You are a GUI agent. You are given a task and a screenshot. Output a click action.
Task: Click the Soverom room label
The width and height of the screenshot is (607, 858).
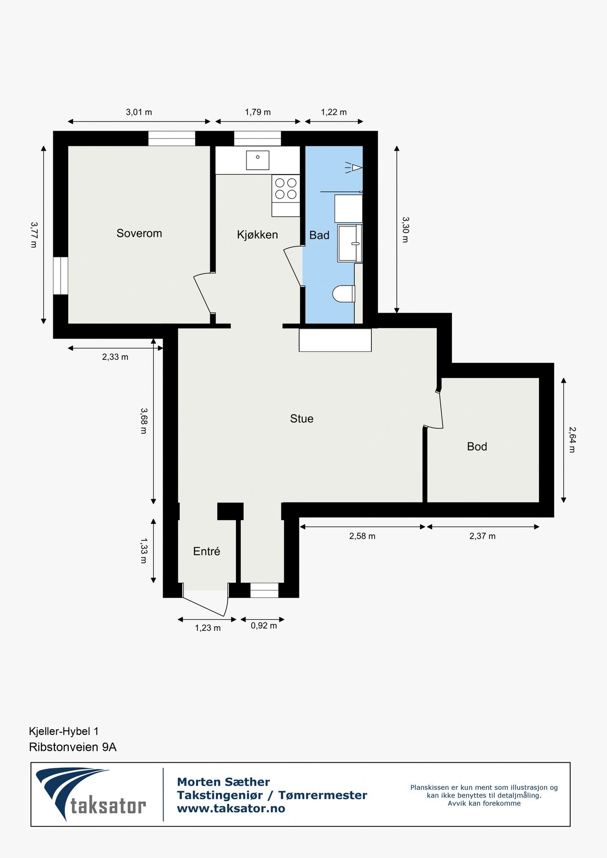click(139, 233)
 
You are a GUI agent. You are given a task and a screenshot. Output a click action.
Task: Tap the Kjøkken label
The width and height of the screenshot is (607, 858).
click(257, 235)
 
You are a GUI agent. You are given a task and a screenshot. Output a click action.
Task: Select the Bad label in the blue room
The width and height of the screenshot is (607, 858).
click(319, 235)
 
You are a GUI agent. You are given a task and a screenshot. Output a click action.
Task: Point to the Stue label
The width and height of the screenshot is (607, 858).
click(301, 419)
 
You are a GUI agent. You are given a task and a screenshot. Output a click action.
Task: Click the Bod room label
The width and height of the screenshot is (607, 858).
click(477, 447)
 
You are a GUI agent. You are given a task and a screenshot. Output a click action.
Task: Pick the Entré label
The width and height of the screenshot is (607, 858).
click(206, 552)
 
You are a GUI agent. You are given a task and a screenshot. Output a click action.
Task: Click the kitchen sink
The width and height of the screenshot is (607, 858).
click(257, 160)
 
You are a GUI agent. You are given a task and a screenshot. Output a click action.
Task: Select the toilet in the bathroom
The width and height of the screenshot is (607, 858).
click(344, 294)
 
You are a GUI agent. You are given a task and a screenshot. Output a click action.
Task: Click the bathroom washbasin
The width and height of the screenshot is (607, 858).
click(350, 243)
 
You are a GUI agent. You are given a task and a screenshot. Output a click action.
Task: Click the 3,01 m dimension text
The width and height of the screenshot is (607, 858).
click(139, 112)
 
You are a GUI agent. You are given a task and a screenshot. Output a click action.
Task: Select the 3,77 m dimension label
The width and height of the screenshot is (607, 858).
click(33, 234)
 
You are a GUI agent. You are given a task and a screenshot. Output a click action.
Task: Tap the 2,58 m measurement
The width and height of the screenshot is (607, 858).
click(362, 536)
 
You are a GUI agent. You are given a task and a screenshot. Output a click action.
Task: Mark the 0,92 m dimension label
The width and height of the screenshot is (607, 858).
click(264, 626)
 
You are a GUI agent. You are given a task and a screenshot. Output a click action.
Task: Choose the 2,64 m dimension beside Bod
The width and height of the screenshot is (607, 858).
click(572, 439)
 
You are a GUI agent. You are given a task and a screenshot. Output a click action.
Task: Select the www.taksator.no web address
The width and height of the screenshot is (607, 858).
click(231, 808)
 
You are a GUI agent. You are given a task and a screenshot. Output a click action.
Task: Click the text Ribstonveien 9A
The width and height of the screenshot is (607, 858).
click(72, 747)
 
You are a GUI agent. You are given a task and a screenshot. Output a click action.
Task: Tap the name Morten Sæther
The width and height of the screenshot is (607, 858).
click(223, 782)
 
